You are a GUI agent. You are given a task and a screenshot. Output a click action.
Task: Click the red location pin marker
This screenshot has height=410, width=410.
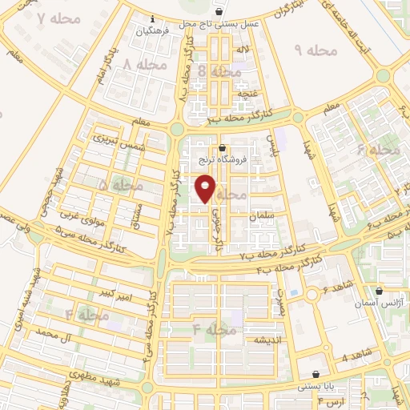pyautogui.click(x=206, y=188)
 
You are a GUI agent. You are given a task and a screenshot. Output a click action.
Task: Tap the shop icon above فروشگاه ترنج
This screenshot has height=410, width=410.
pyautogui.click(x=222, y=146)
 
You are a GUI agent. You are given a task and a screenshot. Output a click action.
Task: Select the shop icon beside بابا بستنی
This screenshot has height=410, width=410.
pyautogui.click(x=316, y=374)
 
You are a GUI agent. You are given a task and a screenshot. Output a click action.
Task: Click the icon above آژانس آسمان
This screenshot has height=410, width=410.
pyautogui.click(x=379, y=291)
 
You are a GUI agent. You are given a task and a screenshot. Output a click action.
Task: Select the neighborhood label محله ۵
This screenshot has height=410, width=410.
pyautogui.click(x=119, y=185)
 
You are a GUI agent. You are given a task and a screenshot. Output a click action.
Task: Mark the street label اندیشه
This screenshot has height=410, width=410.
pyautogui.click(x=248, y=340)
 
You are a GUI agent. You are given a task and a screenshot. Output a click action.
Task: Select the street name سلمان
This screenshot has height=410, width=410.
pyautogui.click(x=261, y=215)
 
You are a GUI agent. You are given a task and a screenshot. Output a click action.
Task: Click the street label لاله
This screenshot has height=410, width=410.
pyautogui.click(x=238, y=51)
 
